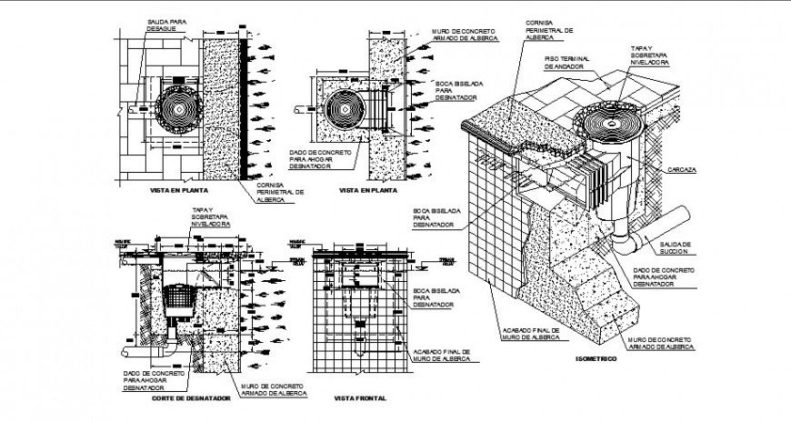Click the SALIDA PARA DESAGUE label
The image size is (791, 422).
pyautogui.click(x=165, y=25)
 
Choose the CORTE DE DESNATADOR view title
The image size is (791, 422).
pyautogui.click(x=190, y=397)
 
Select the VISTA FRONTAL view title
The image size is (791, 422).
pyautogui.click(x=361, y=397)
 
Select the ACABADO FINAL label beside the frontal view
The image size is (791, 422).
pyautogui.click(x=441, y=355)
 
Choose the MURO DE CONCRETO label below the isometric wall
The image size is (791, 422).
pyautogui.click(x=661, y=342)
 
